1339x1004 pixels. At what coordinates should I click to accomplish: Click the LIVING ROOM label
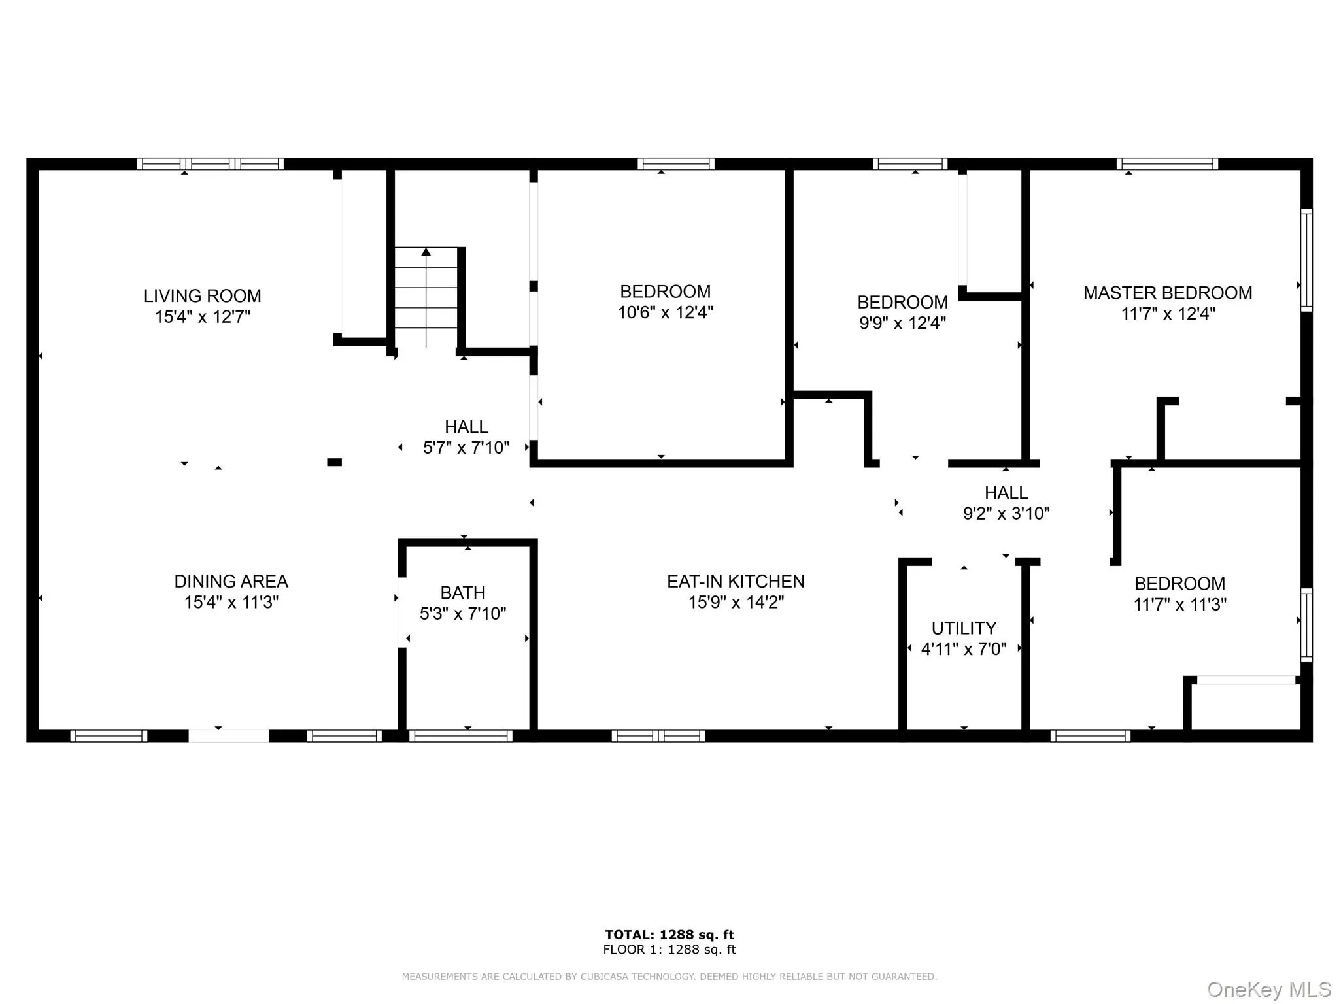click(202, 296)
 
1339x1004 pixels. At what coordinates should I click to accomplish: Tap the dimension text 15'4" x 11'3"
click(231, 602)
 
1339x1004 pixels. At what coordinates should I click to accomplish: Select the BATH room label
click(462, 593)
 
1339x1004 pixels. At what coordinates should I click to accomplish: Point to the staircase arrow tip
click(426, 252)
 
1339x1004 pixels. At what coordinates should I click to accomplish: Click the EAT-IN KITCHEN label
click(736, 581)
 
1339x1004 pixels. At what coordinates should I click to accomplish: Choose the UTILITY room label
click(964, 628)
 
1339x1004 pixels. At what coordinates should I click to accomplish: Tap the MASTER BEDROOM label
click(1168, 293)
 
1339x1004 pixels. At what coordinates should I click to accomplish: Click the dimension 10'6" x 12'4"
click(665, 312)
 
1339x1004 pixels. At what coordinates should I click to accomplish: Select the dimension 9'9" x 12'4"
click(902, 323)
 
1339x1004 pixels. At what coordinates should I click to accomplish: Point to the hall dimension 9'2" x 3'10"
click(1006, 513)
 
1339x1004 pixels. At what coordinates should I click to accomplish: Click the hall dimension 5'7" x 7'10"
click(466, 448)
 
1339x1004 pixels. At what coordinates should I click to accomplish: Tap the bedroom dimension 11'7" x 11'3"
click(1179, 605)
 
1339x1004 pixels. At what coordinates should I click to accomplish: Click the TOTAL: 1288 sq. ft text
click(669, 935)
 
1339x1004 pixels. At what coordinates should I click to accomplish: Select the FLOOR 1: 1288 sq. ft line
click(669, 950)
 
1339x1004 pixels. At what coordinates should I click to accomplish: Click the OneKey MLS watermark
click(1268, 990)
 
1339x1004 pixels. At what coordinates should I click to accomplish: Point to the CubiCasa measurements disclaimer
click(669, 977)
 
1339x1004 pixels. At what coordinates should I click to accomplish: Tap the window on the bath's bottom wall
click(461, 736)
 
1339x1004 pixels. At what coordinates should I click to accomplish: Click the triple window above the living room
click(210, 163)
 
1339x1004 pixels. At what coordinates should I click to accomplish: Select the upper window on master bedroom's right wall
click(1306, 259)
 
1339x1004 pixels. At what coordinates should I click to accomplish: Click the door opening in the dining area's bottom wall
click(229, 736)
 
